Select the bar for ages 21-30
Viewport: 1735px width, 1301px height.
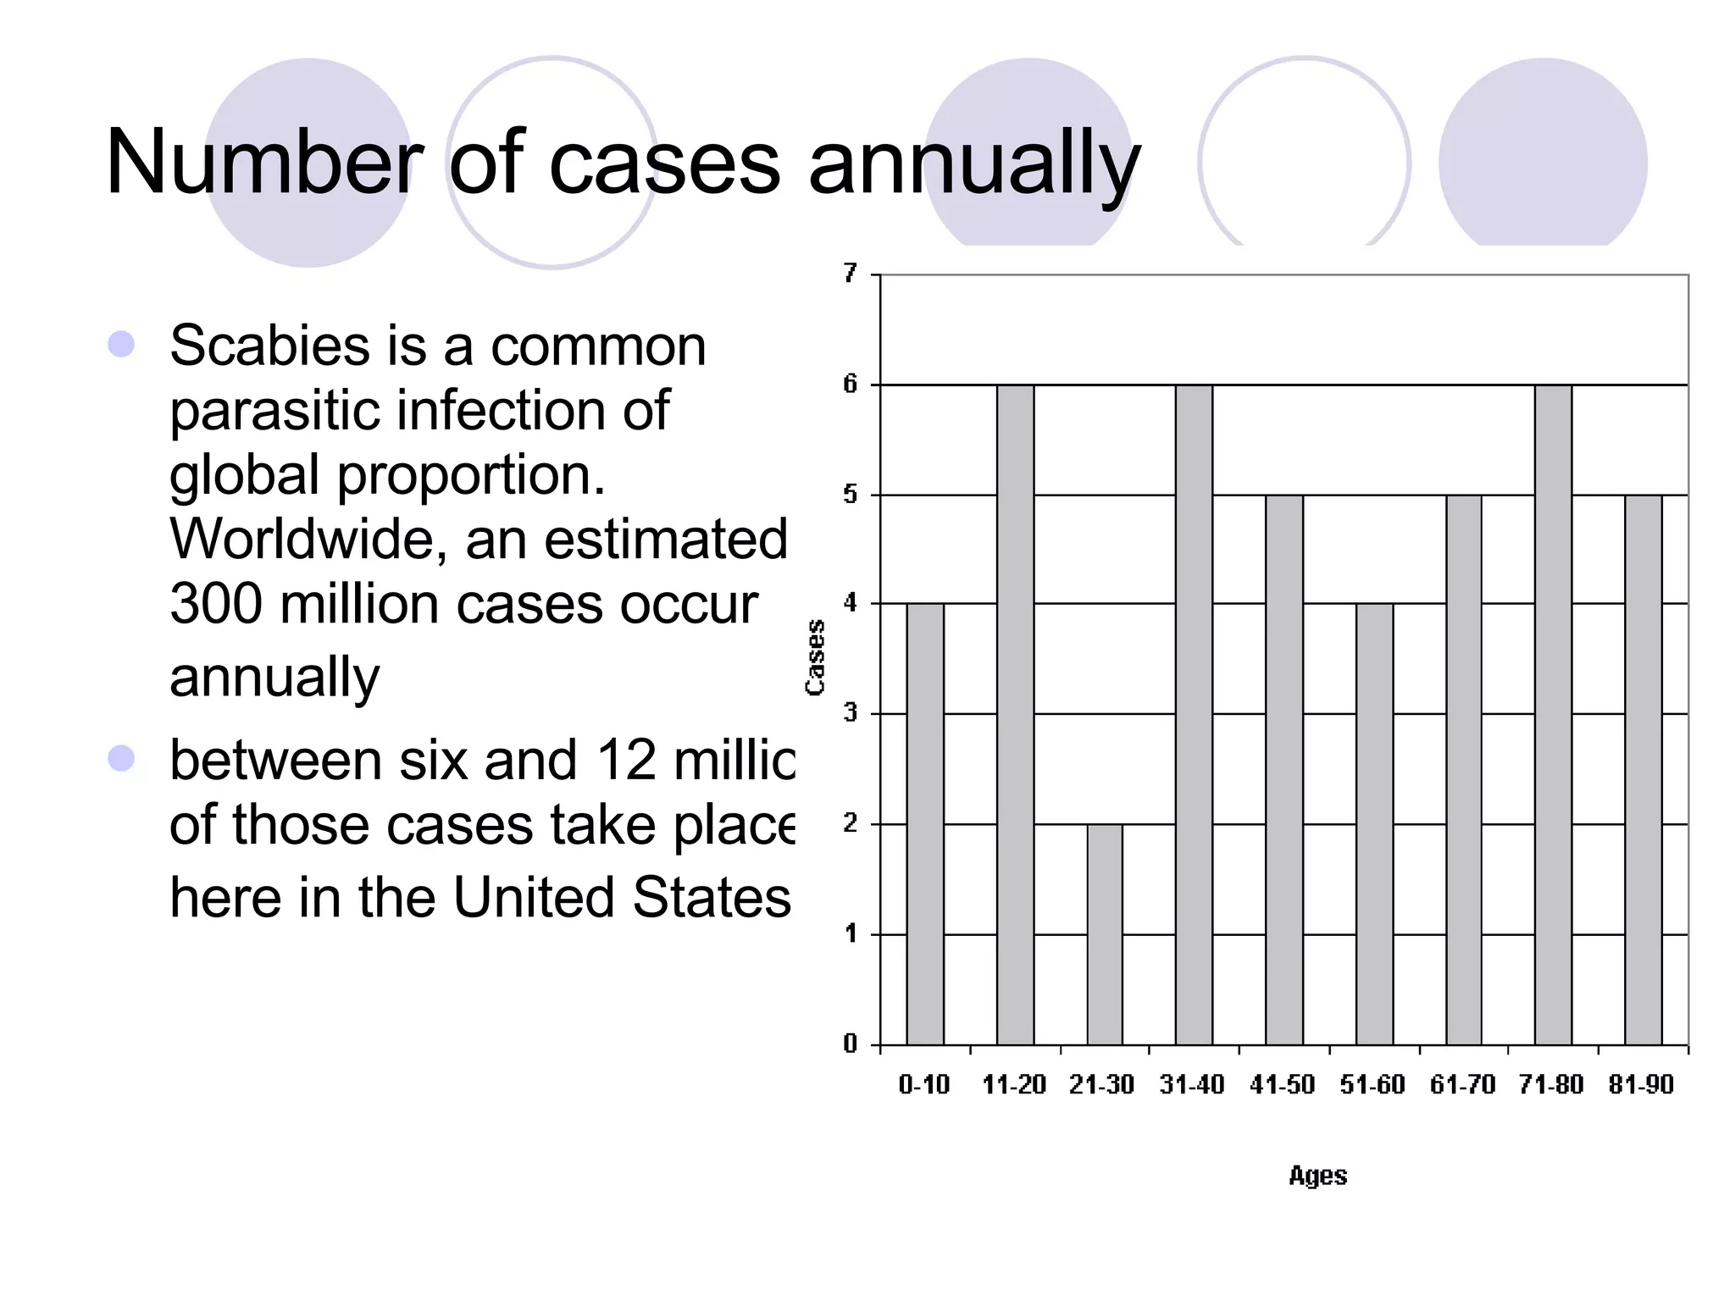[x=1105, y=933]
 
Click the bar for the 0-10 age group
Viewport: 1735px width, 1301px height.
[x=924, y=823]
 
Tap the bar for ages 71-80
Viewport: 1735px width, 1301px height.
[x=1553, y=714]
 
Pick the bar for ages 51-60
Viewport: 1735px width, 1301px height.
[x=1374, y=823]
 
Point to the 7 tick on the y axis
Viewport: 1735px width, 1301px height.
[x=851, y=274]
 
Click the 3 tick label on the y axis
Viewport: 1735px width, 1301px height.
[x=851, y=713]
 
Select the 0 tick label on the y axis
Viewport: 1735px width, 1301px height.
[x=851, y=1044]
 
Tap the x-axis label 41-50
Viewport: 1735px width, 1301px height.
[x=1282, y=1084]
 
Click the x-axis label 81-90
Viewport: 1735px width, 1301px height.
[x=1641, y=1084]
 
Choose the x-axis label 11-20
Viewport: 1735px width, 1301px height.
[x=1014, y=1084]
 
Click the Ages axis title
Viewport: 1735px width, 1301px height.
[x=1317, y=1176]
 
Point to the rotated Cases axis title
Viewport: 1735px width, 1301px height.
[x=815, y=657]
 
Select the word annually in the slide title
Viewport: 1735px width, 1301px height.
[x=974, y=165]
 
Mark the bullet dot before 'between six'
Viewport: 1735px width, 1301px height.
[x=121, y=758]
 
